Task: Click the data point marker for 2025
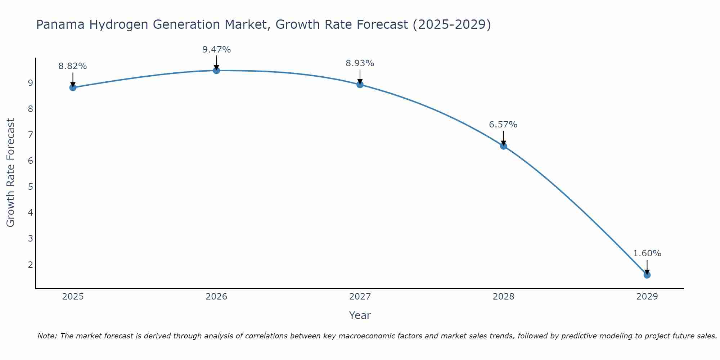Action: pos(73,87)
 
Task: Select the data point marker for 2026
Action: pos(216,71)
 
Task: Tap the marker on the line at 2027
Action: pos(360,85)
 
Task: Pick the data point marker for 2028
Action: pos(503,146)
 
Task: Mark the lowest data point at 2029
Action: pos(647,275)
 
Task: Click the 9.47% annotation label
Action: pos(216,50)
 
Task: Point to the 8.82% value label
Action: pos(73,66)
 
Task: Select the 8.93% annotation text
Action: pos(360,63)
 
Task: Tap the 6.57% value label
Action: pos(503,125)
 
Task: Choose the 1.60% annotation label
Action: pos(647,253)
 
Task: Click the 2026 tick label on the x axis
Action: pos(216,297)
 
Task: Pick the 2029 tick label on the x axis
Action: pos(647,297)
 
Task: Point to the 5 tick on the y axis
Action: pos(30,186)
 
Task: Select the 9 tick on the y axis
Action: pos(30,83)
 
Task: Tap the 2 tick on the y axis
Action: pos(30,265)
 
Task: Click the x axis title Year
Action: pos(360,315)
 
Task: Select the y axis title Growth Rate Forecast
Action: pos(11,173)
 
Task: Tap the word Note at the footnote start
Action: pos(47,336)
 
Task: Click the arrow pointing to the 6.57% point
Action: pos(503,138)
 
